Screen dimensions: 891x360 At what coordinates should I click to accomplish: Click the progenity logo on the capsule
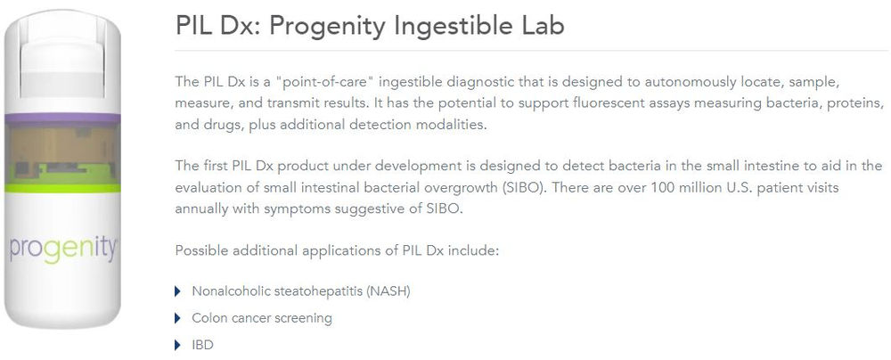pos(63,250)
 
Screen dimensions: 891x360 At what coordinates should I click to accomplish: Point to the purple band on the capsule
pos(62,119)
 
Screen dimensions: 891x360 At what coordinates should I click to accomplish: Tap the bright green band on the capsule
pos(62,188)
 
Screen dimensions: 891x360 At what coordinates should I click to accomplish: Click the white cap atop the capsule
pos(62,54)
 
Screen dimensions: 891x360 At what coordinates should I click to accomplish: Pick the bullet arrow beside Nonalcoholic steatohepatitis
pos(178,291)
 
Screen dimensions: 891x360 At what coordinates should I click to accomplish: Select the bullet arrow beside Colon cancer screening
pos(178,318)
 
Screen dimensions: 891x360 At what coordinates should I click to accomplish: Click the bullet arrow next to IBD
pos(178,345)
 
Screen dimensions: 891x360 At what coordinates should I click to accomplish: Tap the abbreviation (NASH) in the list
pos(388,291)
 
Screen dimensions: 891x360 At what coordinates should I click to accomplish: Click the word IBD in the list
pos(202,345)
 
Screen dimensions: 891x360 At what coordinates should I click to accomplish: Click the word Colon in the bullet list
pos(208,318)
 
